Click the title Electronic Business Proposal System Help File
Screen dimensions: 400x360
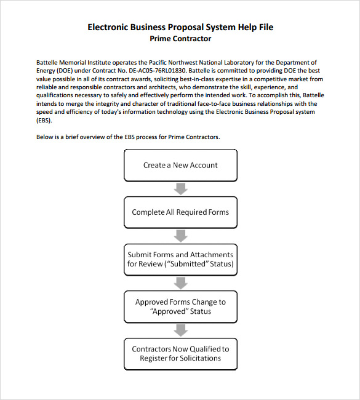tap(180, 27)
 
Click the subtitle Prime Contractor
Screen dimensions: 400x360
tap(180, 39)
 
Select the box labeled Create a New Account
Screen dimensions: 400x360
tap(180, 165)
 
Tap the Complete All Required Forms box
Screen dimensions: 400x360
tap(180, 212)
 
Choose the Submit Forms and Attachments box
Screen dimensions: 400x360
tap(180, 259)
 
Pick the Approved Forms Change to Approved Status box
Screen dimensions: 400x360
tap(180, 306)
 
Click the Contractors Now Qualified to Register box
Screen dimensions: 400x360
tap(180, 353)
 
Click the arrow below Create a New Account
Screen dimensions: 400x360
tap(180, 188)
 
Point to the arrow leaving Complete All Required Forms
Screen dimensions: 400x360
tap(180, 236)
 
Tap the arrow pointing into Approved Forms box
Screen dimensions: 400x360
tap(180, 282)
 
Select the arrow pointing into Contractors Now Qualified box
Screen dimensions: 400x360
tap(180, 330)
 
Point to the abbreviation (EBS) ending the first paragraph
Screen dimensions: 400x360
tap(45, 120)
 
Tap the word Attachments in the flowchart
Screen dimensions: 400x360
tap(212, 255)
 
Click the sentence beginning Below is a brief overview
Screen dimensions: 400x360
tap(128, 137)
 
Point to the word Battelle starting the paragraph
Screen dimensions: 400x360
tap(50, 62)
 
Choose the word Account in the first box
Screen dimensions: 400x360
tap(203, 165)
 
